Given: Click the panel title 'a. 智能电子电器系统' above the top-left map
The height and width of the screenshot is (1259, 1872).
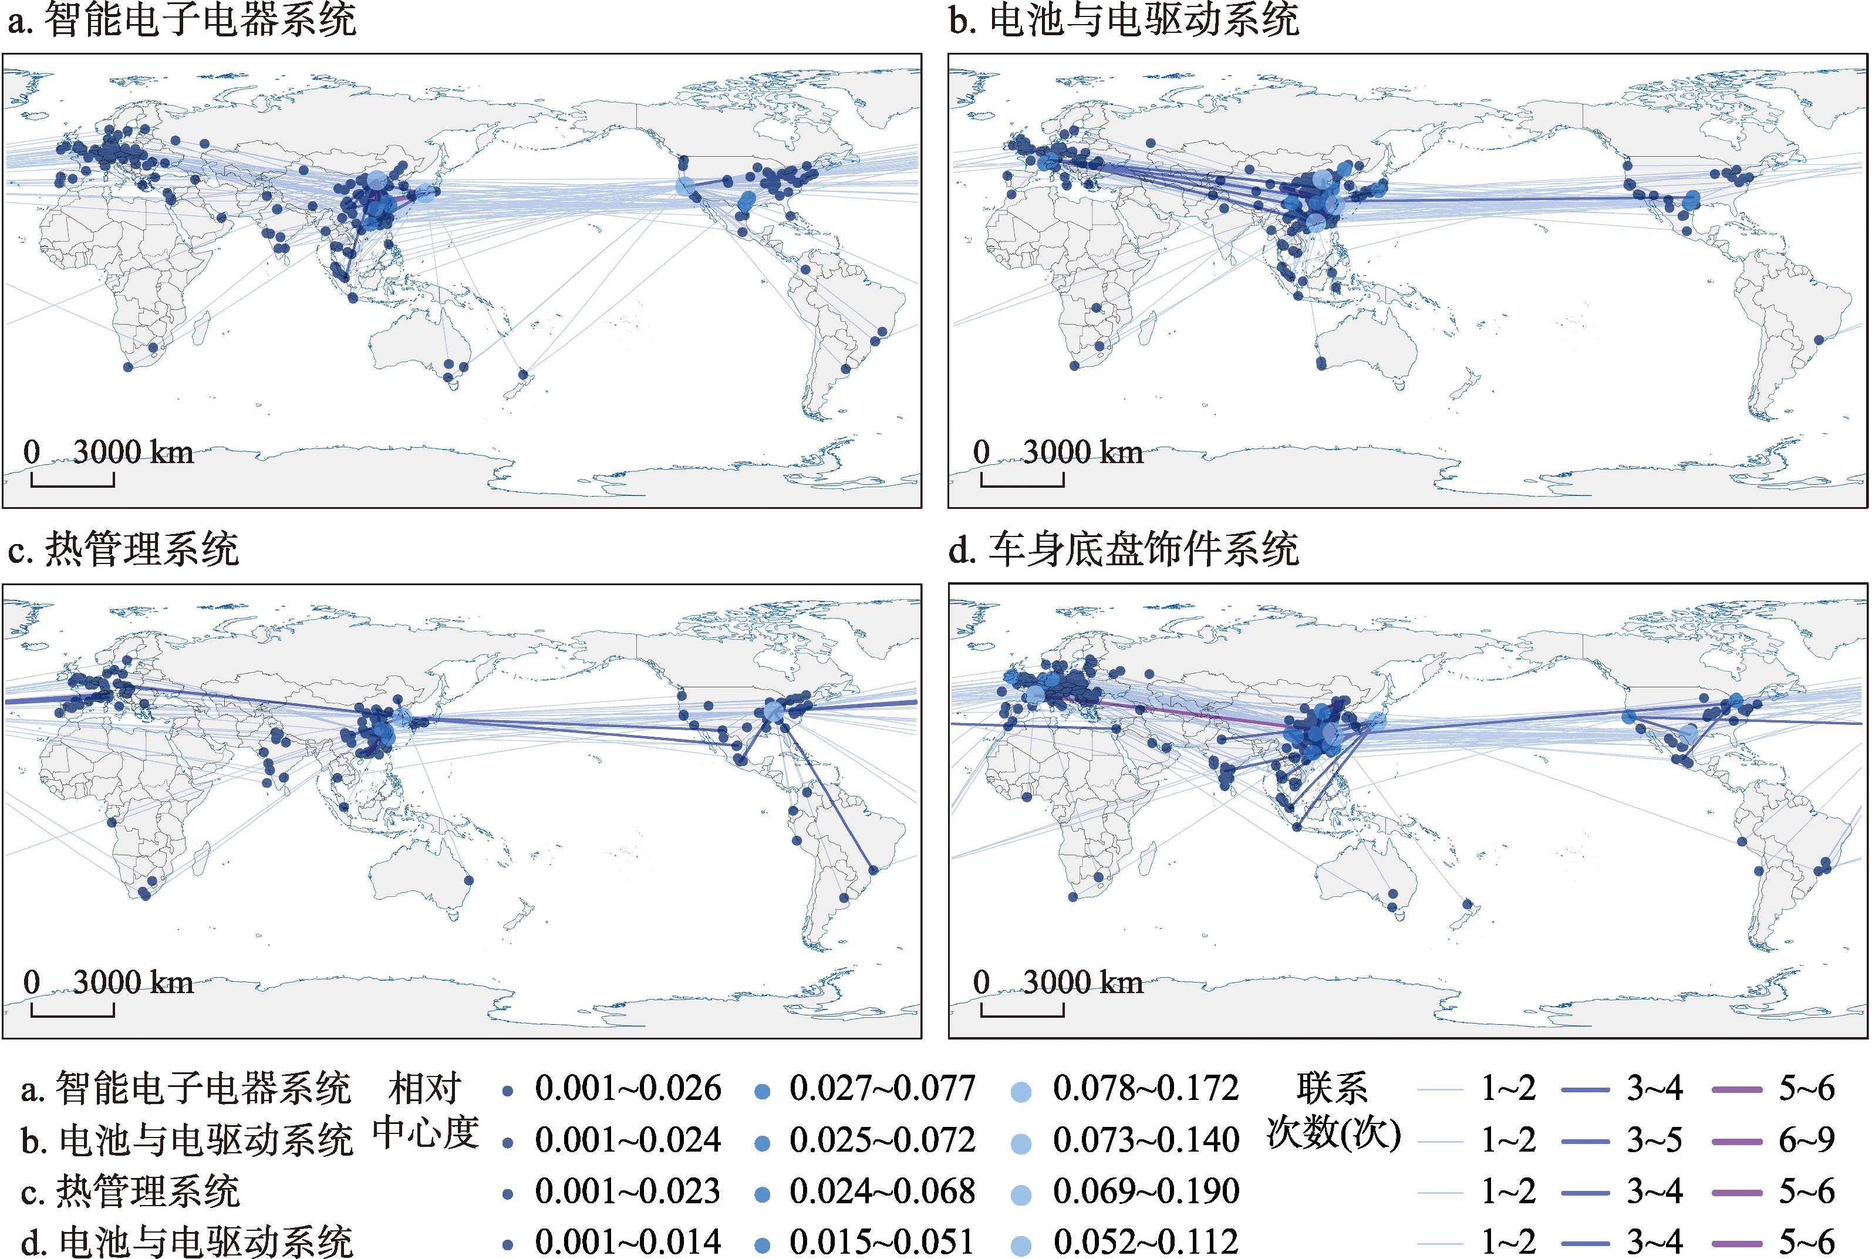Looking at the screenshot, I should coord(181,19).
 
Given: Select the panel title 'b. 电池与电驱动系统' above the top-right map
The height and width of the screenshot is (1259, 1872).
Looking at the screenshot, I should coord(1124,19).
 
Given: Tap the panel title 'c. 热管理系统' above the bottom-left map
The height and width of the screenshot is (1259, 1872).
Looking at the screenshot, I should coord(123,550).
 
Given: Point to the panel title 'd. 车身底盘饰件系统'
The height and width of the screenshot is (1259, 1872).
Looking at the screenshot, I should coord(1124,550).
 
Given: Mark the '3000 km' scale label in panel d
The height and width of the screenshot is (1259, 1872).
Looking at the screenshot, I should coord(1082,983).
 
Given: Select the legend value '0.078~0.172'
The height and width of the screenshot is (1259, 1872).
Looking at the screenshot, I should coord(1145,1089).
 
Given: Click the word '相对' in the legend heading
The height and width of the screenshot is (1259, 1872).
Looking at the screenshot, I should coord(425,1089).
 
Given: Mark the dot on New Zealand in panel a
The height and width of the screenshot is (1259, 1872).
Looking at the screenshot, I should coord(524,374).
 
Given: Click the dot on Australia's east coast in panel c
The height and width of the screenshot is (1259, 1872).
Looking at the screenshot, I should coord(469,880).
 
